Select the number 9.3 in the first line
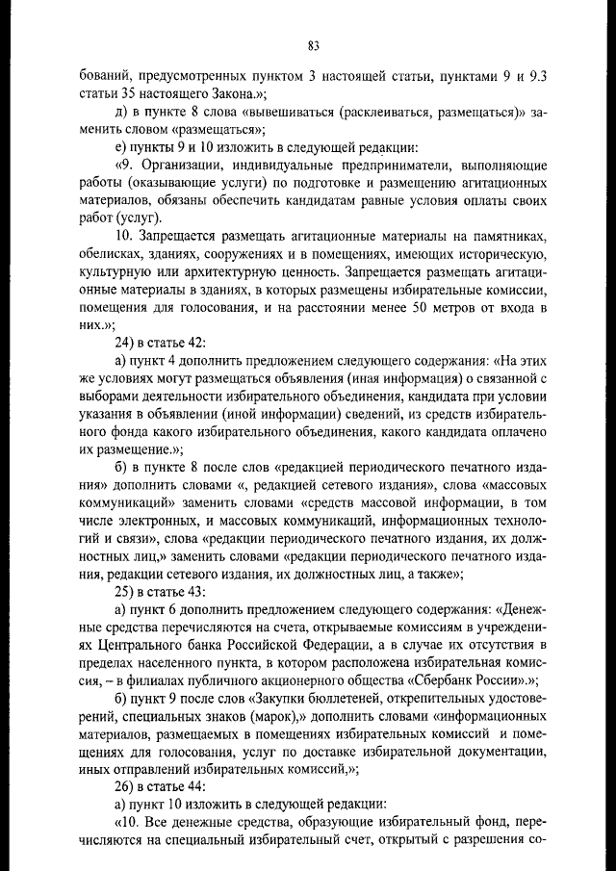click(x=539, y=74)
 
